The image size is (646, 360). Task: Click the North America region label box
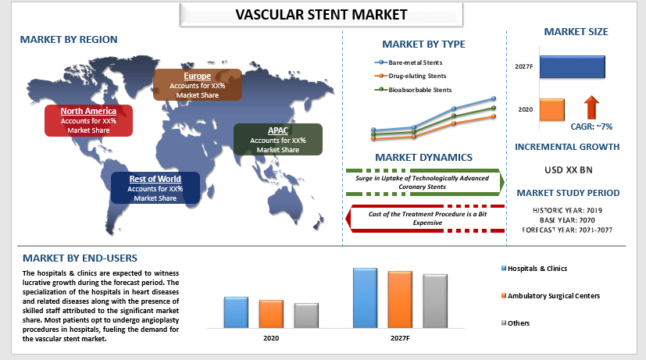click(x=88, y=120)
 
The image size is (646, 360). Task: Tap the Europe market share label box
click(x=198, y=85)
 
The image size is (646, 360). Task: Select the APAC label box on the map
click(x=278, y=140)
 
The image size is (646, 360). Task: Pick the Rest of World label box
click(x=155, y=188)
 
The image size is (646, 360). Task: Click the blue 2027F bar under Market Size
click(x=573, y=66)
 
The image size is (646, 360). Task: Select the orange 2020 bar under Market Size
click(x=552, y=109)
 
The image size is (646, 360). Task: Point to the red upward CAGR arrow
click(x=591, y=108)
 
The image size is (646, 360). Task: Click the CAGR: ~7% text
click(x=591, y=127)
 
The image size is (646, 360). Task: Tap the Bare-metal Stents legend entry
click(x=409, y=62)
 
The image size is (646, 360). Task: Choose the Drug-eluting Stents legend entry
click(x=410, y=76)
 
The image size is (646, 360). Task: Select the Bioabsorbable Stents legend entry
click(x=412, y=90)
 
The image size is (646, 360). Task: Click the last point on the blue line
click(x=494, y=98)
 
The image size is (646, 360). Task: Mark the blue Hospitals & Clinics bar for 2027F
click(x=365, y=298)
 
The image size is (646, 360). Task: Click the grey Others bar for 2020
click(x=306, y=316)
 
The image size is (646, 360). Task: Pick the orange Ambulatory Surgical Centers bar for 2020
click(x=271, y=314)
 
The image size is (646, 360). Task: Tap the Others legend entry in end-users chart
click(x=516, y=323)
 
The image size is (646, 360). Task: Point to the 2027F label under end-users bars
click(x=400, y=338)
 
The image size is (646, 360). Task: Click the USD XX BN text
click(x=569, y=169)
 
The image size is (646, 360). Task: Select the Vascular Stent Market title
click(x=321, y=15)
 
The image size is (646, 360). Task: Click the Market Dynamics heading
click(x=423, y=157)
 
